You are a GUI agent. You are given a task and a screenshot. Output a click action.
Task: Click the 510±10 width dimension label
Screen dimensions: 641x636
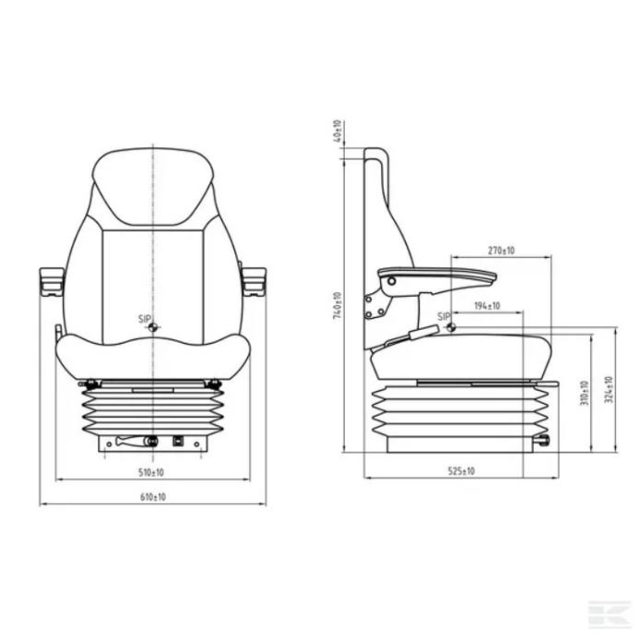(x=151, y=473)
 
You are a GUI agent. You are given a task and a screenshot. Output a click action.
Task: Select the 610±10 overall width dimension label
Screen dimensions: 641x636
(x=153, y=497)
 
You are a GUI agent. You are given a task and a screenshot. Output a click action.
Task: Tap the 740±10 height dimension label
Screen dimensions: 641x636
(x=338, y=305)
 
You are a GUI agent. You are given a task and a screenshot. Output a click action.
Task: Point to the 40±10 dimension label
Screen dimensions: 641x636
(x=338, y=131)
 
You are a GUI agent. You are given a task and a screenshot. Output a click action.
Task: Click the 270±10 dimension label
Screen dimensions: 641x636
(x=501, y=251)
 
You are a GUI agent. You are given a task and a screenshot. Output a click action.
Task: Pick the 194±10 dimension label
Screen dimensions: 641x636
(x=487, y=305)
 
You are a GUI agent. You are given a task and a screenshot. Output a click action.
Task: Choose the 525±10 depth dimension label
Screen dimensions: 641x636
(x=461, y=471)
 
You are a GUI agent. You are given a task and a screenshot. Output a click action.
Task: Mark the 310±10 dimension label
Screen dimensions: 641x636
(x=585, y=393)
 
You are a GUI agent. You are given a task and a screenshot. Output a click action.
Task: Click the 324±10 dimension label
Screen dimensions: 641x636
(x=609, y=390)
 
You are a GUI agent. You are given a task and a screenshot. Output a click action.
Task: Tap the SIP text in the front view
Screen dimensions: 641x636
(x=145, y=319)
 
